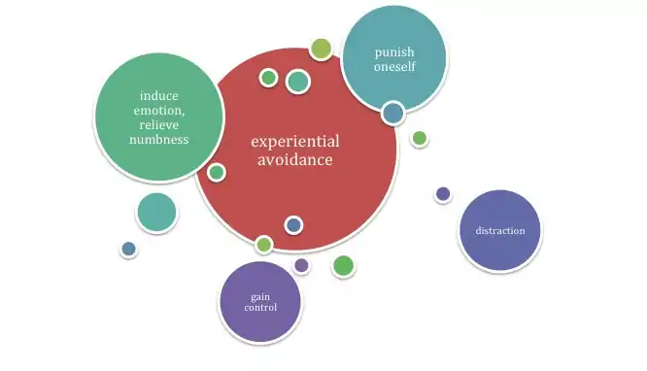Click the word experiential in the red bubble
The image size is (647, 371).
coord(295,142)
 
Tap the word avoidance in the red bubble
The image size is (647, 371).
coord(295,159)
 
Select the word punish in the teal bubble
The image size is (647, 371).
coord(394,52)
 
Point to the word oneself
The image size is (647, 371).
coord(394,66)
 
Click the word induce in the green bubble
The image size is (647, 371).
coord(159,96)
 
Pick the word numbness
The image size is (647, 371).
coord(159,140)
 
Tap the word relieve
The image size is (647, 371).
coord(159,125)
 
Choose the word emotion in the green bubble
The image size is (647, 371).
coord(159,111)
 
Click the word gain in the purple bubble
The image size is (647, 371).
coord(260,297)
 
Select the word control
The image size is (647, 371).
coord(260,308)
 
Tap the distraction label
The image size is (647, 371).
coord(500,230)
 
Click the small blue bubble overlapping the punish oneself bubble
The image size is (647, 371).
coord(392,113)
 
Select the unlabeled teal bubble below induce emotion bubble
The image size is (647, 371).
coord(156,213)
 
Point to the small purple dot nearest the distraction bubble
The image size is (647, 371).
coord(443,193)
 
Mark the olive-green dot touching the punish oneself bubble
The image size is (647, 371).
coord(321,50)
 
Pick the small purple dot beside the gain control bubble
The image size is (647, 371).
coord(301,265)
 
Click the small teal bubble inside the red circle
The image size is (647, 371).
coord(298,82)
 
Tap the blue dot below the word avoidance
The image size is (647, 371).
coord(293,225)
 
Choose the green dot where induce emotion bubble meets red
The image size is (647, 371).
coord(217,173)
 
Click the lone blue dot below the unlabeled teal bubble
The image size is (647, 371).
coord(129,250)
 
